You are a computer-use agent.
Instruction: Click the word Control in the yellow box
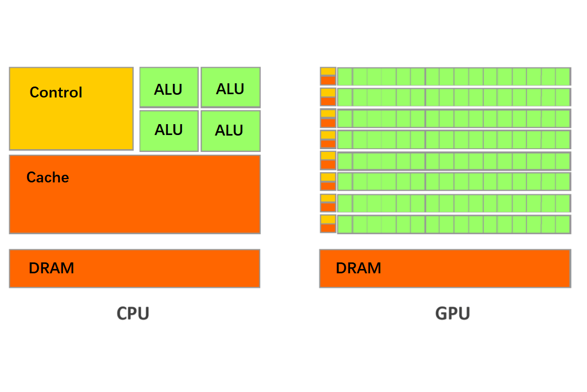pos(56,93)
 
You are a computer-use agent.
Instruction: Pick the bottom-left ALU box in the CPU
pos(168,131)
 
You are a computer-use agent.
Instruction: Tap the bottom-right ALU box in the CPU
pos(230,131)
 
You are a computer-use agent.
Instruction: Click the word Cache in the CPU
pos(48,177)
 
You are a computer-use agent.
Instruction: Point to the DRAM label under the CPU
pos(52,268)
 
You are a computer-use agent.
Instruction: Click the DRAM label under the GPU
pos(359,268)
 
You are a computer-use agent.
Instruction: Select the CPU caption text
pos(133,314)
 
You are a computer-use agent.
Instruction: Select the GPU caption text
pos(453,314)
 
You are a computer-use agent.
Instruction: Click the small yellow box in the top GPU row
pos(328,71)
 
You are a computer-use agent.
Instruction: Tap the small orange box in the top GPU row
pos(328,81)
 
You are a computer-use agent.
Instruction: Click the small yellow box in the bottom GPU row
pos(328,219)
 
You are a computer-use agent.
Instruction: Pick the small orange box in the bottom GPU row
pos(328,228)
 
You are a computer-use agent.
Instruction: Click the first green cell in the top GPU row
pos(345,76)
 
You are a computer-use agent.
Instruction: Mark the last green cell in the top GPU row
pos(563,76)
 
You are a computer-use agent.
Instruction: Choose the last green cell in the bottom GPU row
pos(563,224)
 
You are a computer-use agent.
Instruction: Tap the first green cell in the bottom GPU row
pos(345,224)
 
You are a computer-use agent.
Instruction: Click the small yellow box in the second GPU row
pos(328,93)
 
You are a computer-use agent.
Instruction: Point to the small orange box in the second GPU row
pos(328,101)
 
